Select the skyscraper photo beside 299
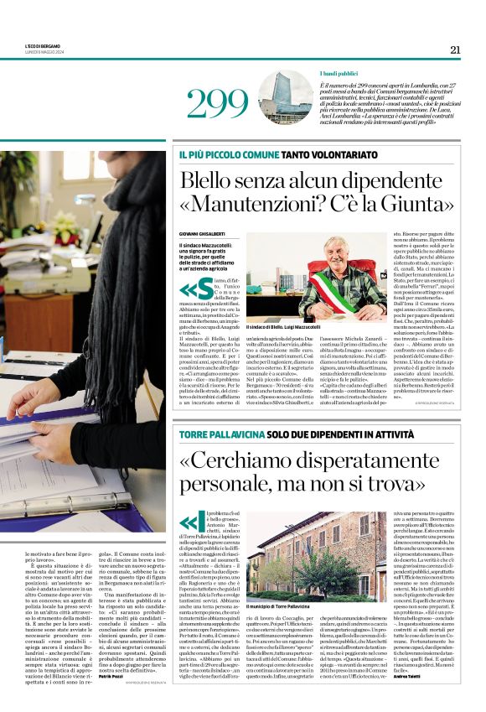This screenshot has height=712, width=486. (x=285, y=97)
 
